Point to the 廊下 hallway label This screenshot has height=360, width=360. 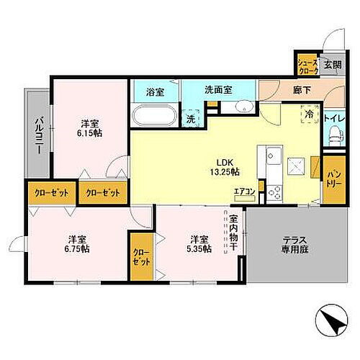pyautogui.click(x=302, y=91)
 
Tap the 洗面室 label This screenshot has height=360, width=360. pyautogui.click(x=217, y=91)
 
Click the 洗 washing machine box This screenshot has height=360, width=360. pyautogui.click(x=192, y=119)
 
